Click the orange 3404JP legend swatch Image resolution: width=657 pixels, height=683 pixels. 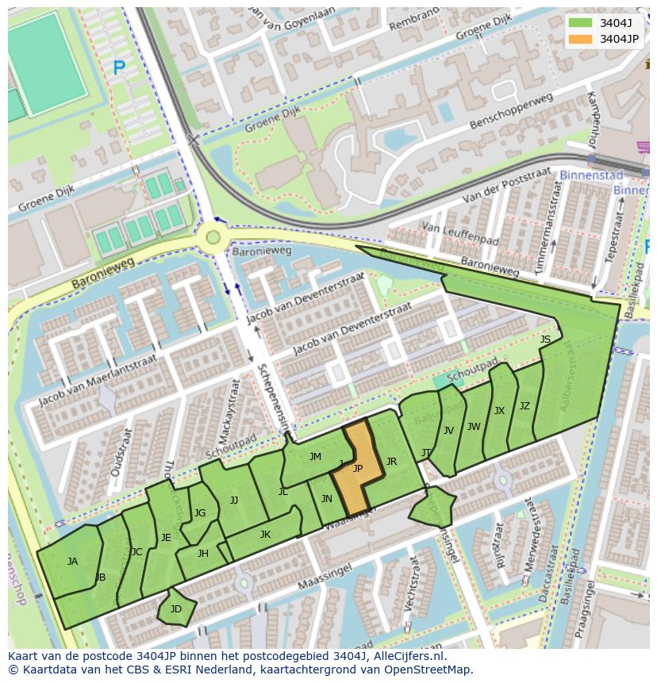coord(580,39)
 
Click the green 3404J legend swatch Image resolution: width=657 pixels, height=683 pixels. coord(580,23)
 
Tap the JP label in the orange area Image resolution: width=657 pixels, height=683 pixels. coord(357,469)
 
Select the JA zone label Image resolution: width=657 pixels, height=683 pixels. coord(72,562)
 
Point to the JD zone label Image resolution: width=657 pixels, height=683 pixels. coord(175,609)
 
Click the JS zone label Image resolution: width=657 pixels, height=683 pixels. coord(545,340)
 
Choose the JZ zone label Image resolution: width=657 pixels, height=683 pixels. coord(524,406)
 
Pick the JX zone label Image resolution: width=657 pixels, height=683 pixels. coord(499,411)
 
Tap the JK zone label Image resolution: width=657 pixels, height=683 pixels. coord(265,535)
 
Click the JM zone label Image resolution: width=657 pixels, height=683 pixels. coord(315,457)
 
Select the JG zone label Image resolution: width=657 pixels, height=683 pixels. coord(200,513)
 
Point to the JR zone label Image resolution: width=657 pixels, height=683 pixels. coord(391,462)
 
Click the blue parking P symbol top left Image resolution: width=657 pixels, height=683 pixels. coord(118,69)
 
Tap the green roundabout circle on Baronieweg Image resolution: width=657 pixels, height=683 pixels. coord(212,236)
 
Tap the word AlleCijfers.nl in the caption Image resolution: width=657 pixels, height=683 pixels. coord(406,657)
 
